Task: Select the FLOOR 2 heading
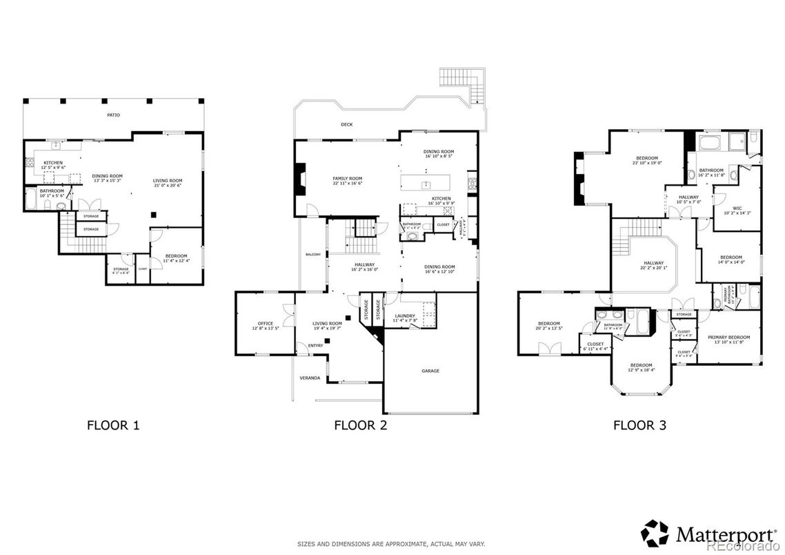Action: coord(360,425)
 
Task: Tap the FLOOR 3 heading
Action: coord(639,425)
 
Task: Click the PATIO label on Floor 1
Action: coord(113,115)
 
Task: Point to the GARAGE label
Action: coord(430,371)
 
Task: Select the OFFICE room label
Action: coord(266,323)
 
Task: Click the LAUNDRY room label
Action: coord(405,315)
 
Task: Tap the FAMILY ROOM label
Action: coord(347,179)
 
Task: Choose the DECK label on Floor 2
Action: coord(346,125)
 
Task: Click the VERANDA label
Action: coord(309,378)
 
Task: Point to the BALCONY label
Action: coord(312,255)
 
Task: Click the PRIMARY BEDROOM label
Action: coord(728,337)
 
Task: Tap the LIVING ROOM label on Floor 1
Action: coord(167,181)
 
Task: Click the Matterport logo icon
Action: coord(654,533)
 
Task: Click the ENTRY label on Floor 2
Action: coord(315,346)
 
